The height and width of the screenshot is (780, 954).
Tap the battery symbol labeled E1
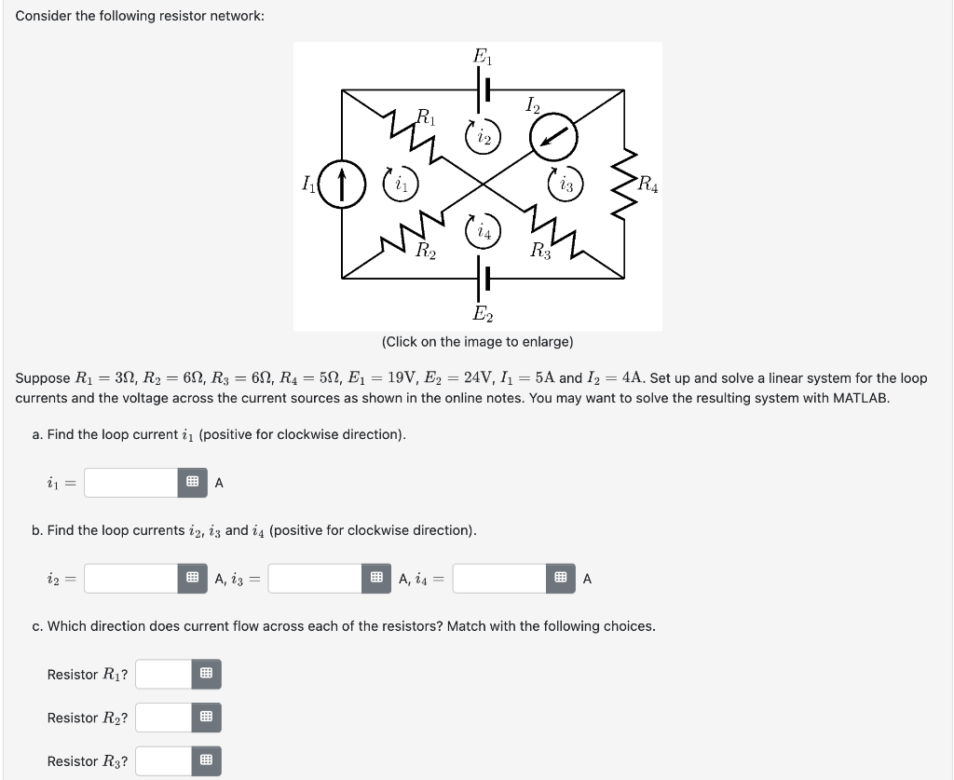pyautogui.click(x=484, y=90)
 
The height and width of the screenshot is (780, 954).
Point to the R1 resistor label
pyautogui.click(x=425, y=118)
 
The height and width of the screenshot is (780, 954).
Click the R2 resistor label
pyautogui.click(x=425, y=250)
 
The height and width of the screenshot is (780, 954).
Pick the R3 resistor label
pyautogui.click(x=540, y=250)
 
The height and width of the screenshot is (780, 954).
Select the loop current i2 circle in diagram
pyautogui.click(x=484, y=136)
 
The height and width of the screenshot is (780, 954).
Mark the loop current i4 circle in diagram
pyautogui.click(x=484, y=231)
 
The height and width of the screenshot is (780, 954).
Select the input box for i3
pyautogui.click(x=317, y=579)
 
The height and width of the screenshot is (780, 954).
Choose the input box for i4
pyautogui.click(x=502, y=579)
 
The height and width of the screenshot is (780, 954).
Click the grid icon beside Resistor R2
pyautogui.click(x=207, y=718)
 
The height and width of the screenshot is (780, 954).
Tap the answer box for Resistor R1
pyautogui.click(x=163, y=674)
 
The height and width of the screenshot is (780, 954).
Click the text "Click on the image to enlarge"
pyautogui.click(x=477, y=342)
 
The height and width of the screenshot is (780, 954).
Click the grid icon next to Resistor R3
pyautogui.click(x=207, y=761)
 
